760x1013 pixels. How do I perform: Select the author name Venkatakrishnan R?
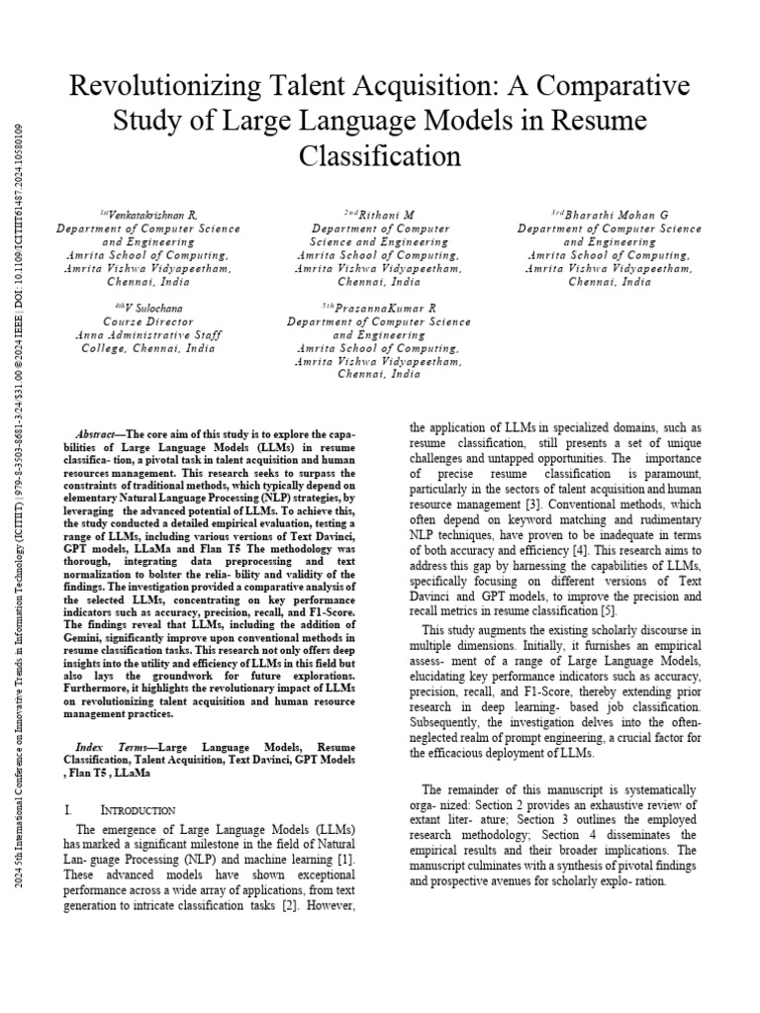(147, 215)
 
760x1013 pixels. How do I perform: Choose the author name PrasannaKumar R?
(384, 309)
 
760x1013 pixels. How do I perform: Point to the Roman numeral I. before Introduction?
(67, 810)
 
